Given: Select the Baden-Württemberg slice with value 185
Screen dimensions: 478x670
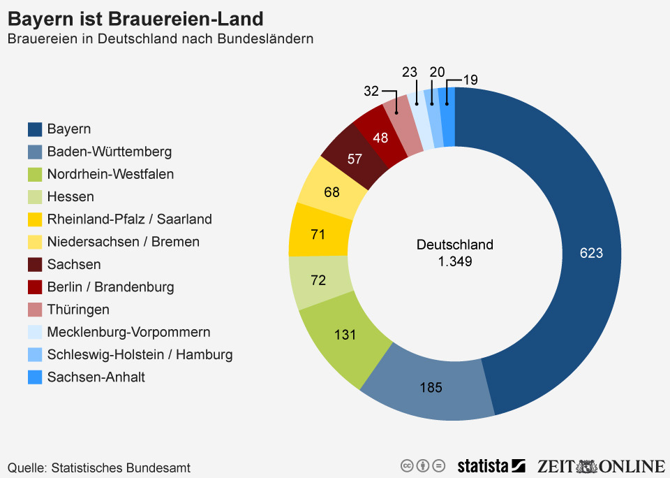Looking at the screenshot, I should (x=431, y=386).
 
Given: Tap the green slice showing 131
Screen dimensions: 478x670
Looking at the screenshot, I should (x=345, y=335).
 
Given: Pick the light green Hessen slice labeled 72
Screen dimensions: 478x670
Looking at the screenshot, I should (x=318, y=280).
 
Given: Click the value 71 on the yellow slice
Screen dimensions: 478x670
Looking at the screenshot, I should (x=318, y=234).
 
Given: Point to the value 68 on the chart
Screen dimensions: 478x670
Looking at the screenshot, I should (x=332, y=191).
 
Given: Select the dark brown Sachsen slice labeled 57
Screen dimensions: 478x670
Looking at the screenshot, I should (x=355, y=159).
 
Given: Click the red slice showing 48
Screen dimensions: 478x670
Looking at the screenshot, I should (x=380, y=138).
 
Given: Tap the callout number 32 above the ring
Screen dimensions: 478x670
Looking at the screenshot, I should (x=371, y=91).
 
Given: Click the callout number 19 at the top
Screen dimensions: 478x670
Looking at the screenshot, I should (x=470, y=80).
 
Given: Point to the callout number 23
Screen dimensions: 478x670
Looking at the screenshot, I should (x=410, y=72).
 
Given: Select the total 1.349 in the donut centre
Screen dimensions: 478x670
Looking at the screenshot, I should (x=454, y=262).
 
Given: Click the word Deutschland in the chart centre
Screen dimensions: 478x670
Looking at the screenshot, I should (x=454, y=245).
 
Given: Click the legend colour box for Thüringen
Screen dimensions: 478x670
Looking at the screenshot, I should (x=35, y=310).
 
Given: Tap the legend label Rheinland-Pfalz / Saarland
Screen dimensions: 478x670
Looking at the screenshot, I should (x=129, y=219).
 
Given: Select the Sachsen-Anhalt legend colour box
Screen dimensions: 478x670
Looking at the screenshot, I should (x=35, y=377).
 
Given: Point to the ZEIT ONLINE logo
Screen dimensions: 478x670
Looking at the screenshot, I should (x=601, y=466).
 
